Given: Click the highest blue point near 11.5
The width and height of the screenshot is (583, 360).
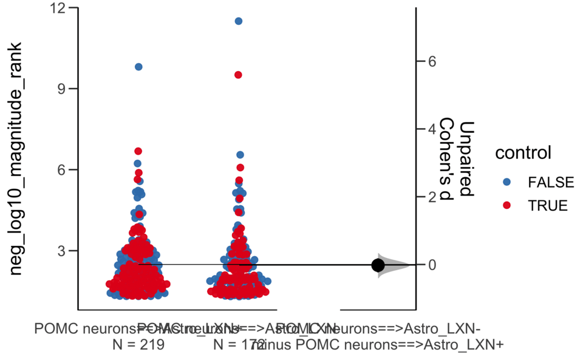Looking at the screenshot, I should tap(239, 21).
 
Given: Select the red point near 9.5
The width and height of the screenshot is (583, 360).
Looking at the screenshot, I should tap(239, 75).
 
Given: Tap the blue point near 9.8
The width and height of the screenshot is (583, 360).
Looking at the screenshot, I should tap(138, 67).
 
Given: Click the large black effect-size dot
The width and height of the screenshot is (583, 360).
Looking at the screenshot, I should tap(378, 265).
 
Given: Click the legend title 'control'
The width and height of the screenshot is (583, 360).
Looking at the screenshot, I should tap(523, 153).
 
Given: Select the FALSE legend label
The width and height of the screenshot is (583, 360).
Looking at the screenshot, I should tap(551, 182).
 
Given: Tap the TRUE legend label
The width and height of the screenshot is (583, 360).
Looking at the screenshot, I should tap(548, 205).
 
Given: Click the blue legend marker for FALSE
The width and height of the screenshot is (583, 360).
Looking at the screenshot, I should tap(507, 182).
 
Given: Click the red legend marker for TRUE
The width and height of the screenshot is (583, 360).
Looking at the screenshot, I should tap(507, 205).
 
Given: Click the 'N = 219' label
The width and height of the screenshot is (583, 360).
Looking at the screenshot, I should tap(138, 345).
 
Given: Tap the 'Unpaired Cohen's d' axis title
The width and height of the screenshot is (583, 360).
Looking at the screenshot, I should tap(457, 159).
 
